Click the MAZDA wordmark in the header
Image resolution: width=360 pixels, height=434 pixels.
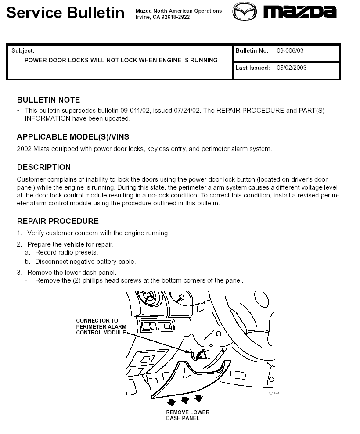coord(300,11)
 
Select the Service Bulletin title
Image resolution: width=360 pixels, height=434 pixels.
coord(65,12)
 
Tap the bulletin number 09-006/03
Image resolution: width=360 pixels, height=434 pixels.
coord(290,51)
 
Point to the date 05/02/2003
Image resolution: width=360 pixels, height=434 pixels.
coord(292,68)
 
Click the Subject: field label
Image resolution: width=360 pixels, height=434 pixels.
coord(23,51)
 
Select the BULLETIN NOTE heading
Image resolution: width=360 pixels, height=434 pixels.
coord(48,100)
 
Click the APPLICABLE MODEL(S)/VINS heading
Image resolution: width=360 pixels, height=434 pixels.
coord(73,137)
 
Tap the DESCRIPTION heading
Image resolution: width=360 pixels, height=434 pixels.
coord(43,167)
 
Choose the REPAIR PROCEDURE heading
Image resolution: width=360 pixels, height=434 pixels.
coord(58,221)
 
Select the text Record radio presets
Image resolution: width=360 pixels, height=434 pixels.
coord(67,253)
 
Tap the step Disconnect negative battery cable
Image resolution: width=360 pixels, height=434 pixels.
coord(86,262)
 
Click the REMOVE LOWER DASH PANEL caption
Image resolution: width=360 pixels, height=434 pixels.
coord(187,415)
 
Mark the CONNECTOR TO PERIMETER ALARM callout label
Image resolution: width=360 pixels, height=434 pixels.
coord(101,326)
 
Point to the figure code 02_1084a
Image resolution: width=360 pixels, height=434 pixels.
coord(274,393)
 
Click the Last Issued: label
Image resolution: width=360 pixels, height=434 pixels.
coord(252,68)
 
